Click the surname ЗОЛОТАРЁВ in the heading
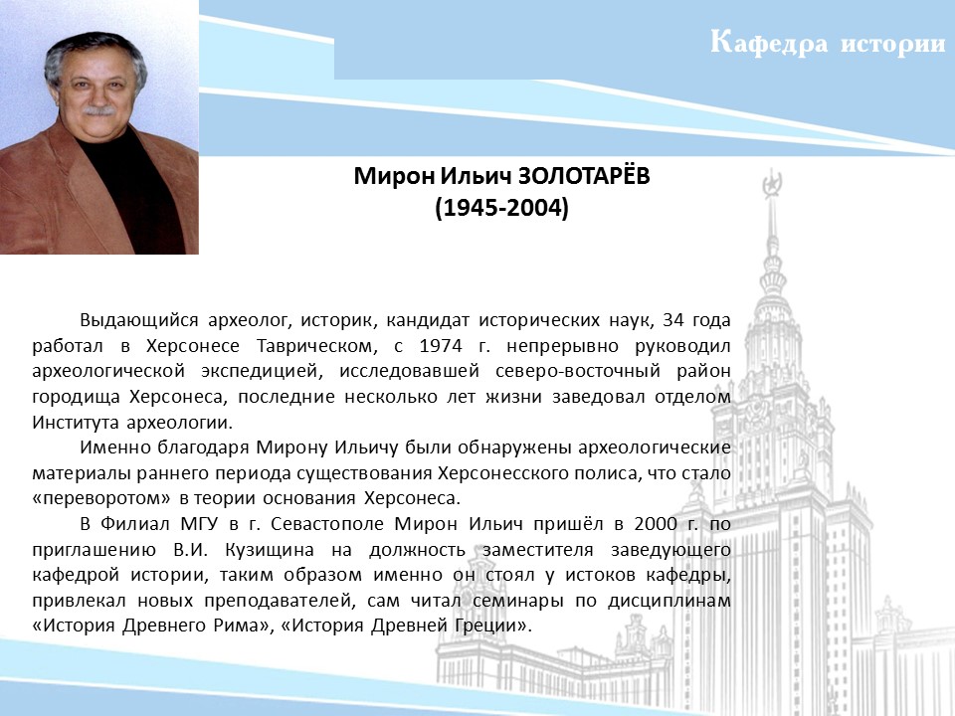point(584,176)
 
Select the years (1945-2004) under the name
point(501,208)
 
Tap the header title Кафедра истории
point(828,43)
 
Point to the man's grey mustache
point(98,110)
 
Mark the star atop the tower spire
point(772,181)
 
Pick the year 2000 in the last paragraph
point(656,524)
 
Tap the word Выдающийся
point(139,321)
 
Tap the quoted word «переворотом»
point(101,498)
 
